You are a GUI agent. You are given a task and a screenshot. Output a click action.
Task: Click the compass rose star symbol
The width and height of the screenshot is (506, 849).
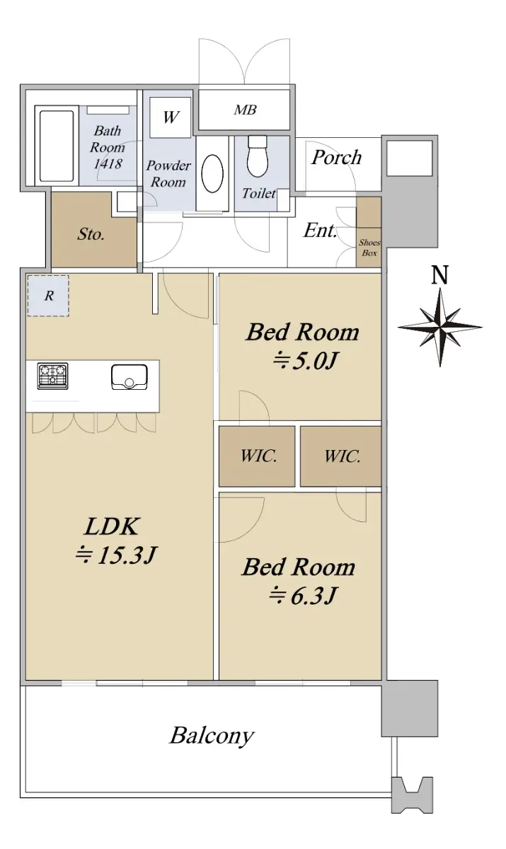439,327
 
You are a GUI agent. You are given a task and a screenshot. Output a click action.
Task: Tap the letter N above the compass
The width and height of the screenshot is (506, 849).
440,275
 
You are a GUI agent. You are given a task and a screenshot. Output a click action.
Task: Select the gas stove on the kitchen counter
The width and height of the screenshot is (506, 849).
52,376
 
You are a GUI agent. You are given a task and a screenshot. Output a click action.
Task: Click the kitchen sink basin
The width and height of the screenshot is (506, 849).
130,376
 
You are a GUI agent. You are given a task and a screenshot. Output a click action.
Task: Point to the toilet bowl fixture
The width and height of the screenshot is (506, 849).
258,156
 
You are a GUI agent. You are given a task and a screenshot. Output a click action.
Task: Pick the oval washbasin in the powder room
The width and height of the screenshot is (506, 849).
212,174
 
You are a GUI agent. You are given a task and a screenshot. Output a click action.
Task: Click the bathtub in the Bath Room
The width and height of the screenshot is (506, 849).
57,146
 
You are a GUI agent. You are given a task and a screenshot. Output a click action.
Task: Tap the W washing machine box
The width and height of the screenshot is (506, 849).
170,117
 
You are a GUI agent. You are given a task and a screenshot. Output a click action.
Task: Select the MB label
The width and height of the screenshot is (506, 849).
245,110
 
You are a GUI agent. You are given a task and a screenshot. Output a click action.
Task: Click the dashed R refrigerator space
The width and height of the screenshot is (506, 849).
48,296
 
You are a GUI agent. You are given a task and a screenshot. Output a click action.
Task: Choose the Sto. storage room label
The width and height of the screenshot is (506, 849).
91,234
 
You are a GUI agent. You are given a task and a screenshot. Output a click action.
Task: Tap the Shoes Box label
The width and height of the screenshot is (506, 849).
369,248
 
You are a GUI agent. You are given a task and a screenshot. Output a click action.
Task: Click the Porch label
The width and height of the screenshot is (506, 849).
336,157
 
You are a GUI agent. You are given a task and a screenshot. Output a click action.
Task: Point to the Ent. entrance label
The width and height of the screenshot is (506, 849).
321,230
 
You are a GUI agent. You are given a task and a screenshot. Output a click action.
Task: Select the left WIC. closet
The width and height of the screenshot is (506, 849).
257,456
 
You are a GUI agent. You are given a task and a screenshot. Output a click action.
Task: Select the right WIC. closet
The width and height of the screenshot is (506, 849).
340,456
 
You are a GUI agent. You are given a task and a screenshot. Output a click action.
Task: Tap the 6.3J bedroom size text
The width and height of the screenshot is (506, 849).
302,596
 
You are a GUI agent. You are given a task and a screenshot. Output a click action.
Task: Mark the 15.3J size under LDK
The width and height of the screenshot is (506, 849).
115,555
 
